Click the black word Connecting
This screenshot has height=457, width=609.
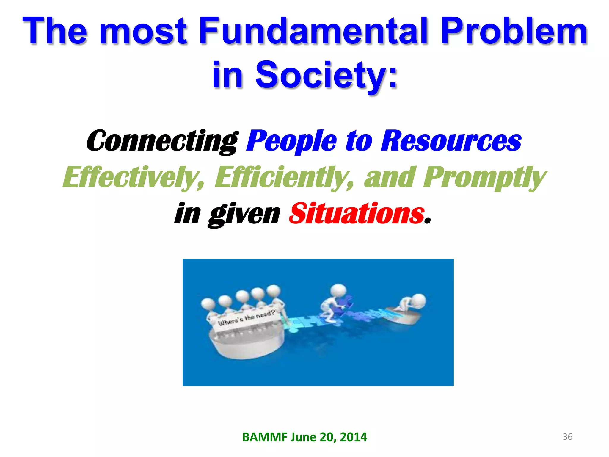(162, 141)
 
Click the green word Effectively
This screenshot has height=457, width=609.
(134, 178)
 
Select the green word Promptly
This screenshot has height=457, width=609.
(484, 178)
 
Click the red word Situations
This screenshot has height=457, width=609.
(357, 214)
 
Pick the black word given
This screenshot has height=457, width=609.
(244, 214)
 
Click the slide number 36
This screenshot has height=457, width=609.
(567, 437)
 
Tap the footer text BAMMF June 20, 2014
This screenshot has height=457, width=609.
(304, 437)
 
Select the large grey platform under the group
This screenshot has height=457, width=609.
(247, 345)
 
